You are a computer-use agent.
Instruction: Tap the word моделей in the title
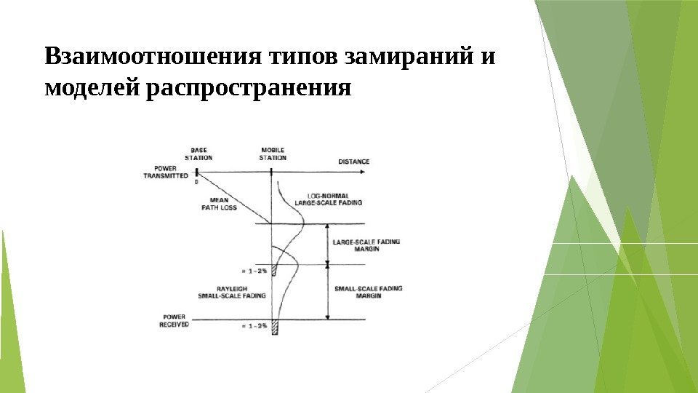pos(92,89)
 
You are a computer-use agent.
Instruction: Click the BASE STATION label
pos(198,154)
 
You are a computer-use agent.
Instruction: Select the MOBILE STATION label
pos(273,154)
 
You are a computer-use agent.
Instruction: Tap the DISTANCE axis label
pos(353,162)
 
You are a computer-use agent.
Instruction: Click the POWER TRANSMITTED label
pos(166,172)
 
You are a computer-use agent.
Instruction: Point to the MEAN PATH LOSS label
pos(219,204)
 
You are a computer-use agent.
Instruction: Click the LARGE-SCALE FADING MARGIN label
pos(366,245)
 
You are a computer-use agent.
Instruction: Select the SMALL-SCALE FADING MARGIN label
pos(368,292)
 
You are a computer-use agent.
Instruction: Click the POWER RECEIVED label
pos(174,321)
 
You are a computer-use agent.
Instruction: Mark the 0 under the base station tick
pos(196,183)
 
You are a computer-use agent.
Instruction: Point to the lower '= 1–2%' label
pos(255,326)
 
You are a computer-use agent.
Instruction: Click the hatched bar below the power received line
pos(275,327)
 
